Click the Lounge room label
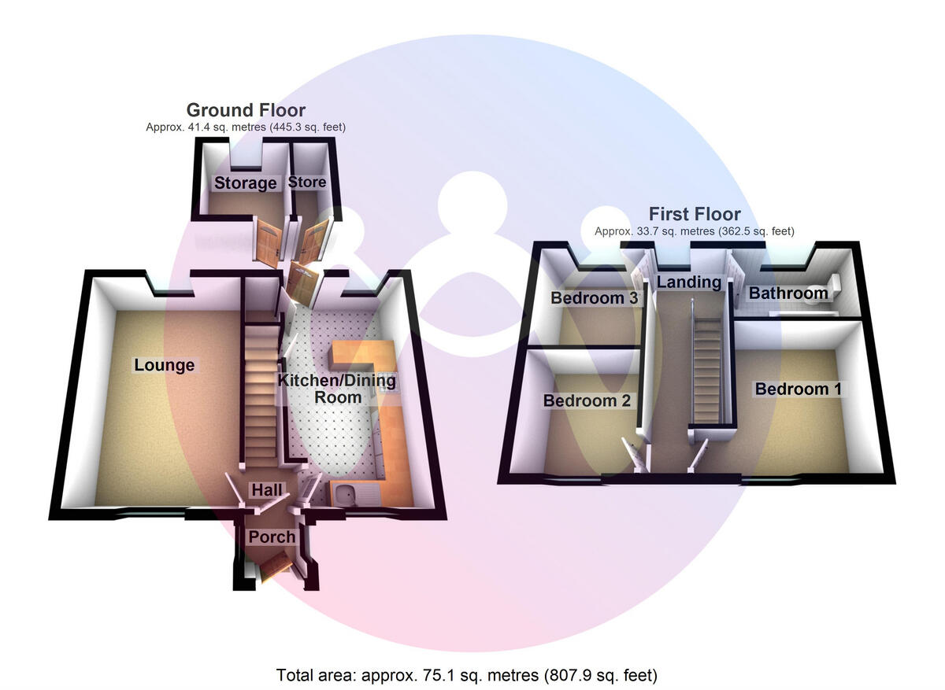coord(164,365)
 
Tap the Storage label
coord(246,183)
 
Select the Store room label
coord(307,183)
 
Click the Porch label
coord(272,537)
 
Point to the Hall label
coord(266,490)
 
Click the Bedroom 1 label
coord(791,389)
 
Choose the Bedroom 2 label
coord(587,400)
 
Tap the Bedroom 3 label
coord(594,298)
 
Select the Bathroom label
coord(788,293)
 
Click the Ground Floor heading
coord(246,110)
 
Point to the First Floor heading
coord(695,214)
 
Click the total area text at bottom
coord(466,675)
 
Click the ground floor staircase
coord(259,393)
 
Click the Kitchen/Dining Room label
coord(336,389)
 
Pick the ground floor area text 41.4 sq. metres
coord(246,127)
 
